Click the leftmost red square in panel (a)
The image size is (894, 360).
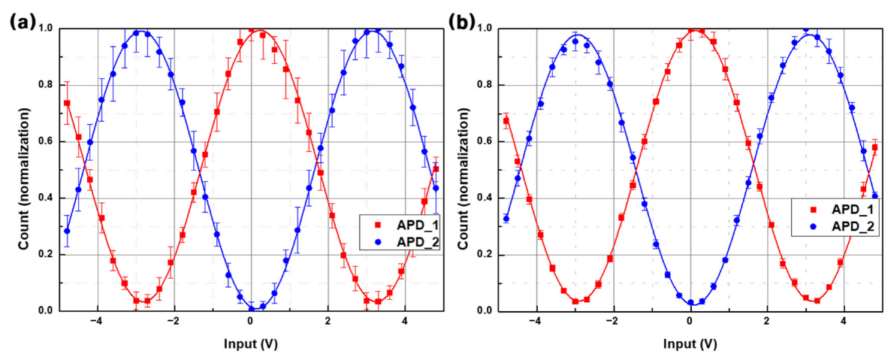click(67, 103)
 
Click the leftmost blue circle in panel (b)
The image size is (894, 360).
click(506, 219)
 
